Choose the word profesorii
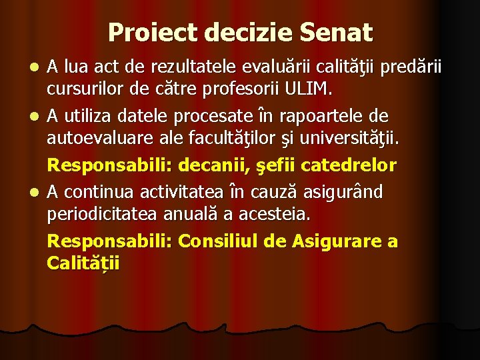[241, 87]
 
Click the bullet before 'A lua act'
[38, 67]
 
